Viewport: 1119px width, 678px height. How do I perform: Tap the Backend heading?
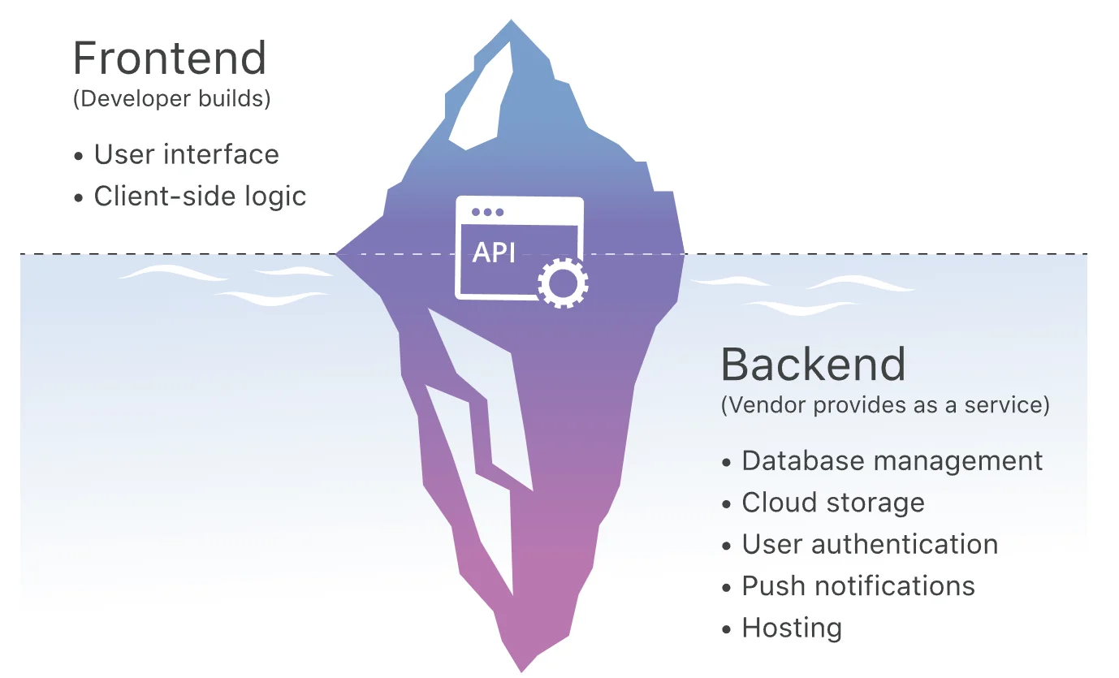[814, 365]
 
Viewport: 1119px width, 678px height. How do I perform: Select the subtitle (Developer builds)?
[172, 98]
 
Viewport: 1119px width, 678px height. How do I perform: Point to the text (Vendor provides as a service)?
[885, 404]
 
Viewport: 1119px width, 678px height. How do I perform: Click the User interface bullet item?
[176, 154]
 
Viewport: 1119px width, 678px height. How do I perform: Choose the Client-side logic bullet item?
[190, 196]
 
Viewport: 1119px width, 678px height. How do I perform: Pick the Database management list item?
[882, 460]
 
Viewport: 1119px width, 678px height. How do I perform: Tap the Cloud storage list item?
[823, 502]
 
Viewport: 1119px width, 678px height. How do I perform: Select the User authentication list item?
[860, 544]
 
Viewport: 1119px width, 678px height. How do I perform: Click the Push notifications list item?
[849, 585]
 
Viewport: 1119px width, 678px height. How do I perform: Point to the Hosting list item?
[782, 628]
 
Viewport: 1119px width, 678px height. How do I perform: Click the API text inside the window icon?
[494, 253]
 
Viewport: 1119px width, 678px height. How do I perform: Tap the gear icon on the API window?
[563, 283]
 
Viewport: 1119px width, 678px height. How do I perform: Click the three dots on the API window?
[487, 212]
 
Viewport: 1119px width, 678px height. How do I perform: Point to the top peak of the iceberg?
[511, 20]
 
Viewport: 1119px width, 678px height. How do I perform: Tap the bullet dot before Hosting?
[726, 629]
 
